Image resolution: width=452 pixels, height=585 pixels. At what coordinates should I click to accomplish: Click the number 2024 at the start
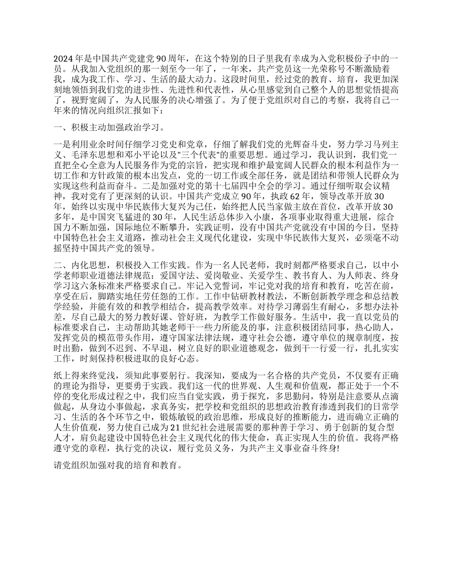[x=62, y=59]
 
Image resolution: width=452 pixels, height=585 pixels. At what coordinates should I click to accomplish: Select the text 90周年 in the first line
[x=169, y=59]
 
